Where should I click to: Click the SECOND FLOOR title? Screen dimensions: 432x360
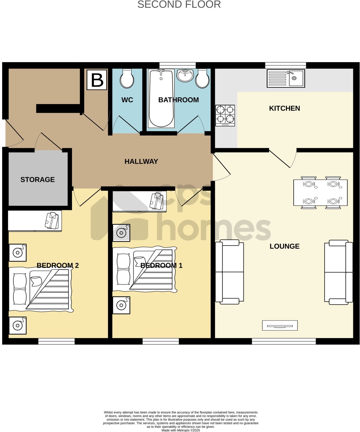[179, 5]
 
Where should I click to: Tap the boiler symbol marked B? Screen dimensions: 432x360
[97, 80]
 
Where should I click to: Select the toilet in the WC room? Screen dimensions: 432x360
[127, 79]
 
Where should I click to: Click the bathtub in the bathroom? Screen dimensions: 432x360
[161, 98]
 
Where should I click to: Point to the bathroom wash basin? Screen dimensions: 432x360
[185, 75]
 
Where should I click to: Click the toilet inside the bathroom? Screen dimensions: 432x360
[202, 79]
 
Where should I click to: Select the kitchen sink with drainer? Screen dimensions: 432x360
[286, 78]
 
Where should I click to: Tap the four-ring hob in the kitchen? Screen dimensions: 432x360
[225, 115]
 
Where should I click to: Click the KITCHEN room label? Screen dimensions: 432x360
[284, 108]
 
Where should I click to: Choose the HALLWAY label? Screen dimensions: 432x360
[141, 161]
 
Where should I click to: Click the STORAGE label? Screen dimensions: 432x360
[38, 180]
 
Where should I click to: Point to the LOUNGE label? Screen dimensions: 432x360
[284, 246]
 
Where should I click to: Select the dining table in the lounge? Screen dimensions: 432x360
[320, 193]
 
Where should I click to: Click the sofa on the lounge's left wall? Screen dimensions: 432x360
[229, 272]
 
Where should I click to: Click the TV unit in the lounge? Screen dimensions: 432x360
[280, 325]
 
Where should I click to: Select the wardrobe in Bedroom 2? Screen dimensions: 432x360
[35, 220]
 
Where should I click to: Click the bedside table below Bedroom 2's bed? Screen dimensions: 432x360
[18, 325]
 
